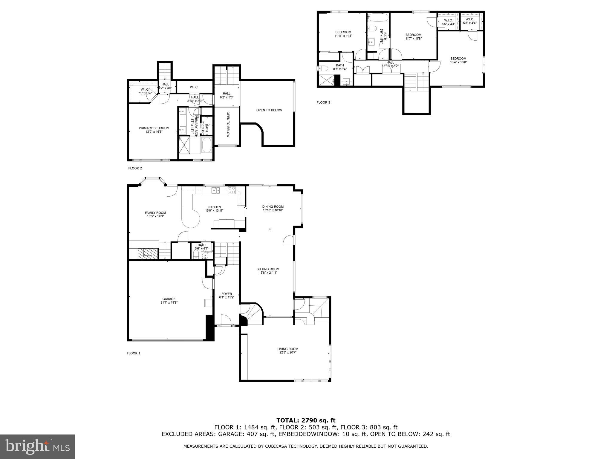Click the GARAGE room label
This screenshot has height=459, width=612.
[169, 299]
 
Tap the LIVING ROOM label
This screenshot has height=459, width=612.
[287, 349]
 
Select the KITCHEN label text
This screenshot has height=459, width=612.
[214, 207]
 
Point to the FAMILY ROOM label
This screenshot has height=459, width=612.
[155, 213]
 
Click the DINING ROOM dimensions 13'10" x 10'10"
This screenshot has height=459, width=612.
[273, 210]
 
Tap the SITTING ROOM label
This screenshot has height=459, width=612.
[268, 269]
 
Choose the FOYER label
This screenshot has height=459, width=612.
[227, 294]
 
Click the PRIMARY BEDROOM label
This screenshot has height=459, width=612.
[154, 128]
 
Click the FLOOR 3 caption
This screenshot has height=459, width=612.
[323, 102]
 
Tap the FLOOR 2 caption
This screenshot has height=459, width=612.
[135, 168]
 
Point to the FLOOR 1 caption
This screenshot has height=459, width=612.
[133, 353]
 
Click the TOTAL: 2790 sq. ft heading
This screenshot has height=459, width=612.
[306, 421]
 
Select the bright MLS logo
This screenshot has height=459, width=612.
[37, 446]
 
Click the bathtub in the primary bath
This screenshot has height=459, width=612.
[207, 145]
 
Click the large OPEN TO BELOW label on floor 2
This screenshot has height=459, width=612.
[269, 110]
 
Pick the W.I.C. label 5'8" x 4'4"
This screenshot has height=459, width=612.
[469, 21]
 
